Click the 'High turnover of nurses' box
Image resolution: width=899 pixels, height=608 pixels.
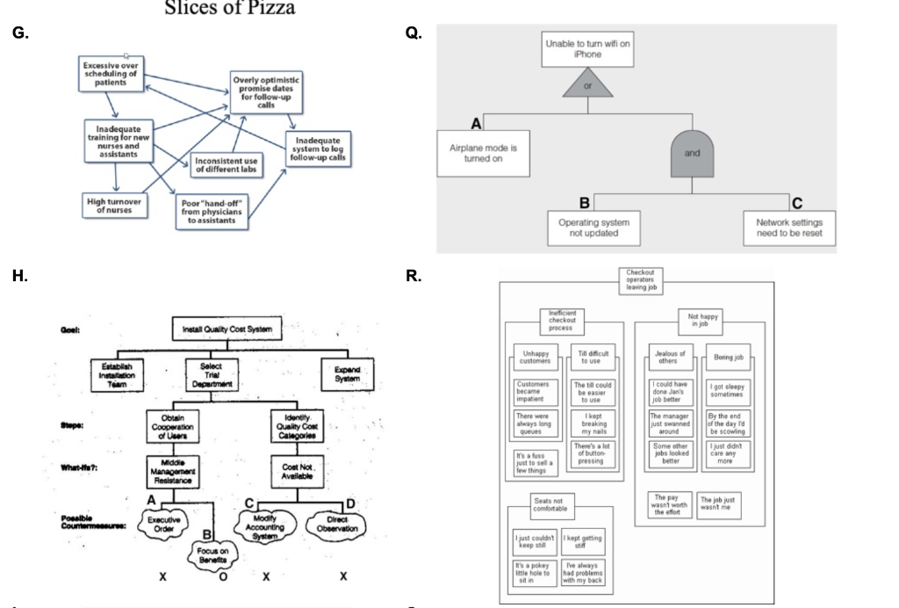(114, 205)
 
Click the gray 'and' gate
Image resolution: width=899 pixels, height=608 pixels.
(689, 150)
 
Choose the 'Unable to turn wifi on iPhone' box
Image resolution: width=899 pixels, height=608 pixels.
(586, 48)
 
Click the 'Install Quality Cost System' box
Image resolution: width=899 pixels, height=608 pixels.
(228, 329)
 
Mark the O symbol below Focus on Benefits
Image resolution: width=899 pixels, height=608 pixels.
(224, 578)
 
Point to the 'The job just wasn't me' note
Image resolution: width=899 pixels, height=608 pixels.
(718, 504)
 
